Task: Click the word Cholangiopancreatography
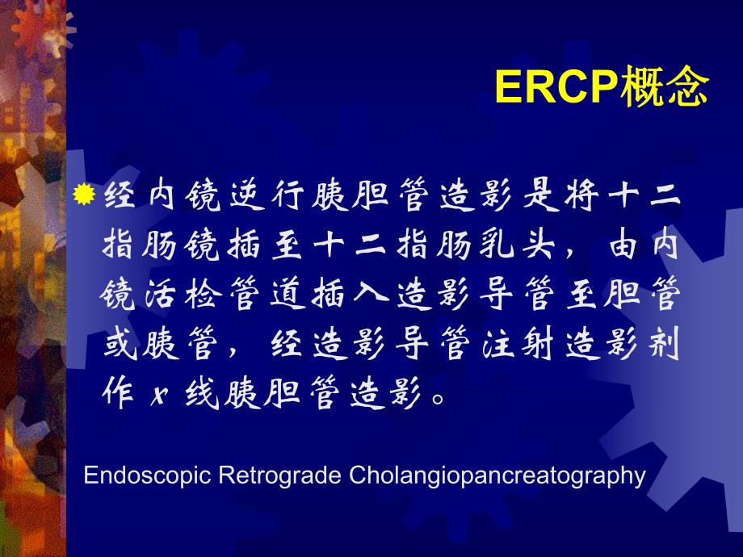[497, 475]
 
